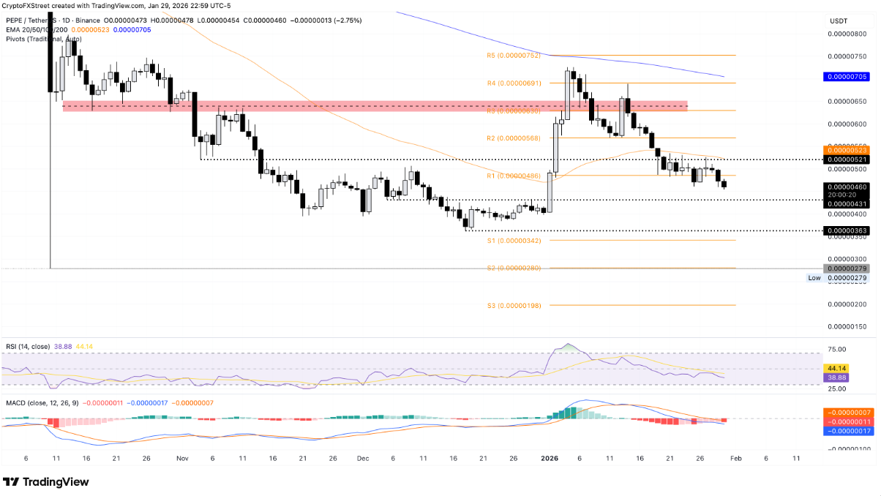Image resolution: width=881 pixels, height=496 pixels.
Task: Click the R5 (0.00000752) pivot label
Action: coord(513,56)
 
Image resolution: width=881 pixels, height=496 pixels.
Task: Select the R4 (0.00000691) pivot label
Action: coord(513,83)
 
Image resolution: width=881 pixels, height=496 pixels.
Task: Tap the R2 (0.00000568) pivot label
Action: coord(513,138)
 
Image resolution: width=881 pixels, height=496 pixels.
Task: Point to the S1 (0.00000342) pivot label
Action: coord(513,241)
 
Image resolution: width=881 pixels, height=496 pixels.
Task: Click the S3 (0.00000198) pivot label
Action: coord(513,305)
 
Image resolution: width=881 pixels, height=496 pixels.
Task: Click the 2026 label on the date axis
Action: coord(549,458)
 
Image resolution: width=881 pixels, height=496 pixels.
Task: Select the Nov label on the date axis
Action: coord(182,458)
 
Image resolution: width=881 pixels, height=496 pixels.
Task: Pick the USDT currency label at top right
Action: coord(838,21)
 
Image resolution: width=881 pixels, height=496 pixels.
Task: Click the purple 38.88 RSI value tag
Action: coord(836,377)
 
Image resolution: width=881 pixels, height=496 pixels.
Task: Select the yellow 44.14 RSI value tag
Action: coord(836,368)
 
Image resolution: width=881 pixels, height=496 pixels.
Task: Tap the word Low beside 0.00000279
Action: coord(814,278)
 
